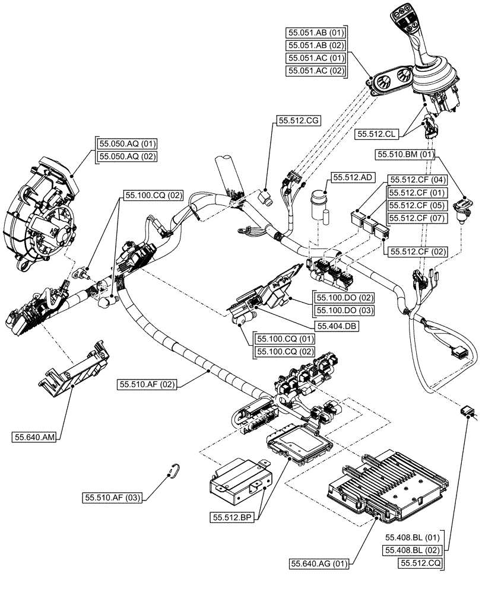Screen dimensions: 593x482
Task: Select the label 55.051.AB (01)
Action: (x=316, y=32)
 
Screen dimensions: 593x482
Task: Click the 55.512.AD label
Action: (x=352, y=177)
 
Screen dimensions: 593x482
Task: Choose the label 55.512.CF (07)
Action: (x=417, y=218)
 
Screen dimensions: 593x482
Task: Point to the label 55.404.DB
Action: (x=337, y=326)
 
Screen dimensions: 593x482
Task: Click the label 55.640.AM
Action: (x=34, y=438)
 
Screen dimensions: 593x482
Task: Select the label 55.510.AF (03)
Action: (x=112, y=498)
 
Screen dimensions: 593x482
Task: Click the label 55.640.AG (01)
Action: (x=320, y=563)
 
